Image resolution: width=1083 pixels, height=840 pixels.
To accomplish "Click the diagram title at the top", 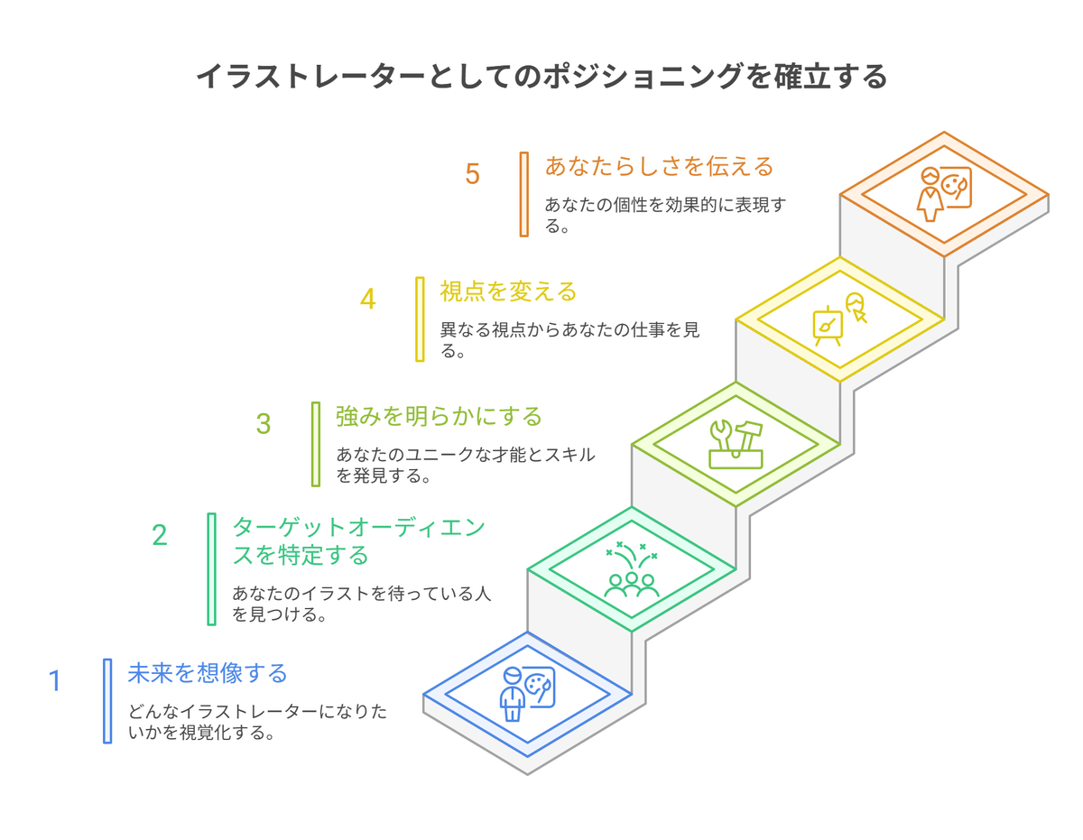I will [x=541, y=78].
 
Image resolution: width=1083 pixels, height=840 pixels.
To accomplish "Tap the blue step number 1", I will [x=54, y=680].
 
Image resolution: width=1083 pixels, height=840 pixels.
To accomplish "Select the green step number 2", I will [x=159, y=535].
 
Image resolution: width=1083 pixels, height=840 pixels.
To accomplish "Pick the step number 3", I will [x=263, y=424].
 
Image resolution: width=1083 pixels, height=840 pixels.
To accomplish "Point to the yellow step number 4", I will [x=367, y=299].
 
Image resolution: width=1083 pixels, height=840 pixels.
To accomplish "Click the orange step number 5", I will [x=472, y=174].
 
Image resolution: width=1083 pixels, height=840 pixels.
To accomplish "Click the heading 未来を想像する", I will [x=208, y=673].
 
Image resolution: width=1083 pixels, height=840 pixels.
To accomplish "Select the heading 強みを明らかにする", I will [x=440, y=416].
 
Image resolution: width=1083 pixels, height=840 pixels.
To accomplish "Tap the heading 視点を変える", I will [x=508, y=291].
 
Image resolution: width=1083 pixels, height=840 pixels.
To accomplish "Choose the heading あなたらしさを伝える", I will [x=660, y=166].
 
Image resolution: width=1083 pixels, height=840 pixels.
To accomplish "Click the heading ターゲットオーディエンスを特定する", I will [x=358, y=540].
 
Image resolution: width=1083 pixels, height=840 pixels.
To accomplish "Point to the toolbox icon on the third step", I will [x=736, y=444].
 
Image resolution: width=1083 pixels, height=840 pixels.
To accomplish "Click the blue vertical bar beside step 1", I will [x=107, y=700].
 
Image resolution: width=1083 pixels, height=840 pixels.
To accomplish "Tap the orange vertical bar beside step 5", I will [x=523, y=194].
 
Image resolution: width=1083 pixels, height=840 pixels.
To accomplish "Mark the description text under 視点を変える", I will [x=569, y=341].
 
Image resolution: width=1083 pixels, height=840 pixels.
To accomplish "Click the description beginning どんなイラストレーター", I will [x=258, y=722].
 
